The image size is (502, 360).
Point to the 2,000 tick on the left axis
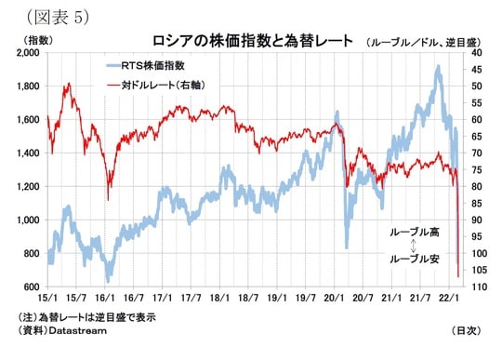tap(27, 53)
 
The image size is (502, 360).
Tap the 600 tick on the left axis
tap(33, 287)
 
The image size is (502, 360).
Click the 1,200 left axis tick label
tap(27, 186)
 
